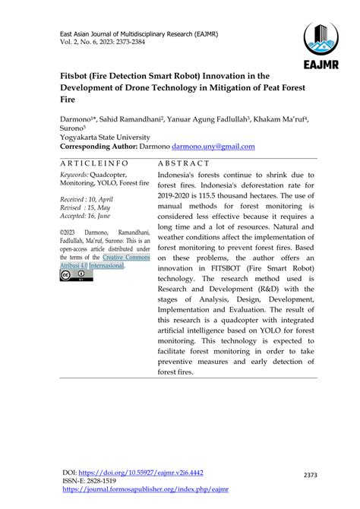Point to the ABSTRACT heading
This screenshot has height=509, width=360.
[x=182, y=163]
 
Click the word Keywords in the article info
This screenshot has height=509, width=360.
[x=74, y=174]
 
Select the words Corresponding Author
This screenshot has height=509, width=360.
[x=97, y=146]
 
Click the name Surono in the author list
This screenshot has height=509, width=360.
[x=65, y=128]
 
